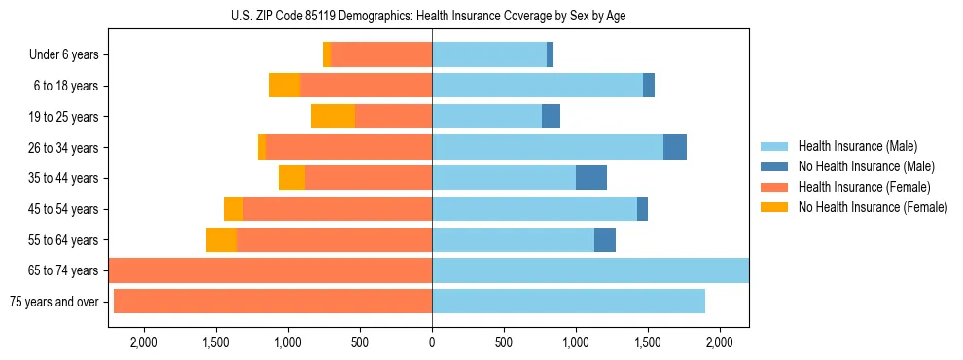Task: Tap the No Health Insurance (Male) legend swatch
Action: (774, 167)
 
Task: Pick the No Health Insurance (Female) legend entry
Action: (873, 207)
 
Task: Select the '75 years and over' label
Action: (53, 302)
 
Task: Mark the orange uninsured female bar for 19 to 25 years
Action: (333, 117)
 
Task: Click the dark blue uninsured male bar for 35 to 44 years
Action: (591, 178)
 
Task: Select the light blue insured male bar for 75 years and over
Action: (568, 302)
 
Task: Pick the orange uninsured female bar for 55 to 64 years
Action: (222, 240)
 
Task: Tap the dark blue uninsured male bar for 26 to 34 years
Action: (675, 147)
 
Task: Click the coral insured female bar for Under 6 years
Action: (381, 55)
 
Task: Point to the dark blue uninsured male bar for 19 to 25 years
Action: (551, 117)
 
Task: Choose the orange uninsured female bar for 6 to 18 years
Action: (284, 86)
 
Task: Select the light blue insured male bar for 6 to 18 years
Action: (537, 86)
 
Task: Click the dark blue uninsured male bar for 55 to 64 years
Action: (605, 240)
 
